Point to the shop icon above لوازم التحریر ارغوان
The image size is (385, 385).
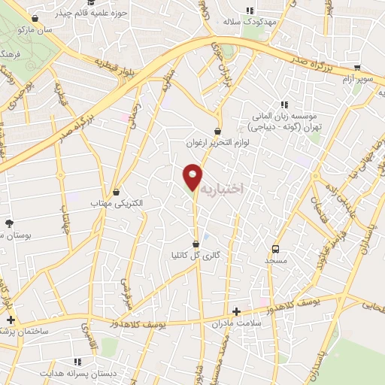tap(218, 131)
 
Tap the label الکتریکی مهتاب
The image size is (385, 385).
tap(116, 203)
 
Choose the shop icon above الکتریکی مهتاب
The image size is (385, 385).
tap(116, 192)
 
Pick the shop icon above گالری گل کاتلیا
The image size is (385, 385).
tap(196, 244)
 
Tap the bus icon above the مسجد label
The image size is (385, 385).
tap(275, 248)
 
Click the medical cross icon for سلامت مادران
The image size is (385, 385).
tap(237, 311)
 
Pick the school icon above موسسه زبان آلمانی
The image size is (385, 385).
tap(284, 105)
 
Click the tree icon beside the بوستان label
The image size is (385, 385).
tap(10, 223)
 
